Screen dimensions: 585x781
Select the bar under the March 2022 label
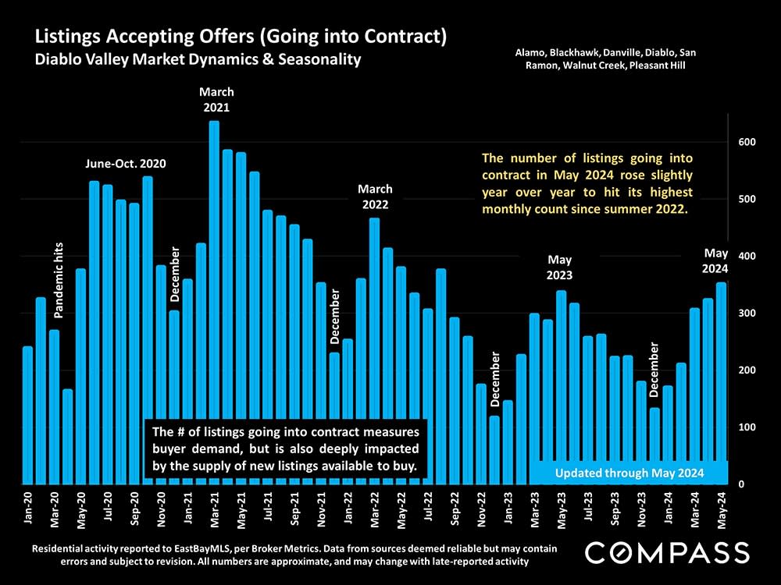pyautogui.click(x=374, y=351)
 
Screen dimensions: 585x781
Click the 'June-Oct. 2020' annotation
pyautogui.click(x=126, y=165)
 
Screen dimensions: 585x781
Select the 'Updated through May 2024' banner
pyautogui.click(x=629, y=473)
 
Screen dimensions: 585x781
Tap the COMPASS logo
pyautogui.click(x=667, y=552)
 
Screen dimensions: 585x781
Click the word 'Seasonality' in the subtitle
pyautogui.click(x=322, y=58)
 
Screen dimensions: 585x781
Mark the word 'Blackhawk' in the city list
pyautogui.click(x=572, y=52)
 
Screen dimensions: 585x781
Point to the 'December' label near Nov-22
pyautogui.click(x=494, y=379)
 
